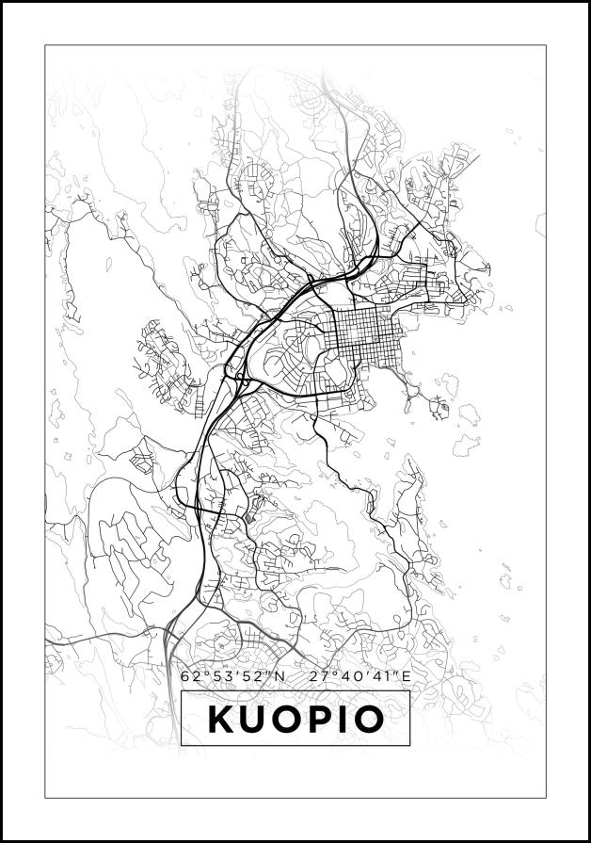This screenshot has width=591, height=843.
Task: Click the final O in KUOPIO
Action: [x=369, y=720]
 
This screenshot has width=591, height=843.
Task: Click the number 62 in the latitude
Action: [x=188, y=676]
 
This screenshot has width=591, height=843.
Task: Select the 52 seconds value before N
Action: [x=248, y=676]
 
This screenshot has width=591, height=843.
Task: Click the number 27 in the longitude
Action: [x=315, y=676]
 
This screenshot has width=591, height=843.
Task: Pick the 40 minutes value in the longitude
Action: [x=344, y=676]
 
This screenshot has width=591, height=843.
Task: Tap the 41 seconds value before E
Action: [x=375, y=676]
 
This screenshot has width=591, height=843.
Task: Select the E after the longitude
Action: [x=406, y=676]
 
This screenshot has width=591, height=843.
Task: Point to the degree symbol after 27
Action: [x=328, y=673]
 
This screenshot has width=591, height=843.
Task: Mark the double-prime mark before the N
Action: [x=266, y=673]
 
